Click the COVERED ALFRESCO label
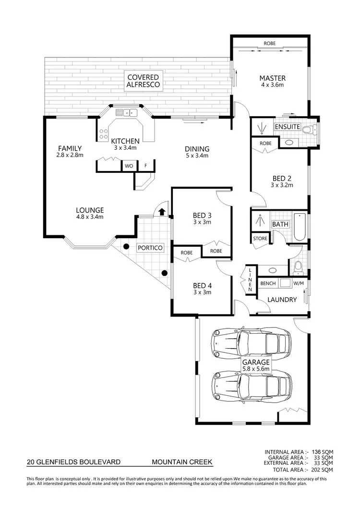point(143,81)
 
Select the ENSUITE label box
point(287,127)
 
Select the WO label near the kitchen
point(129,166)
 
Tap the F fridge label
point(145,166)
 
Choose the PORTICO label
point(149,248)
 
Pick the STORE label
point(260,239)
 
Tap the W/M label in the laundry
point(299,283)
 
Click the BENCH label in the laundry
point(268,283)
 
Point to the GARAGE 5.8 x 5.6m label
point(256,365)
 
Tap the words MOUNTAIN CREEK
point(181,462)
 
